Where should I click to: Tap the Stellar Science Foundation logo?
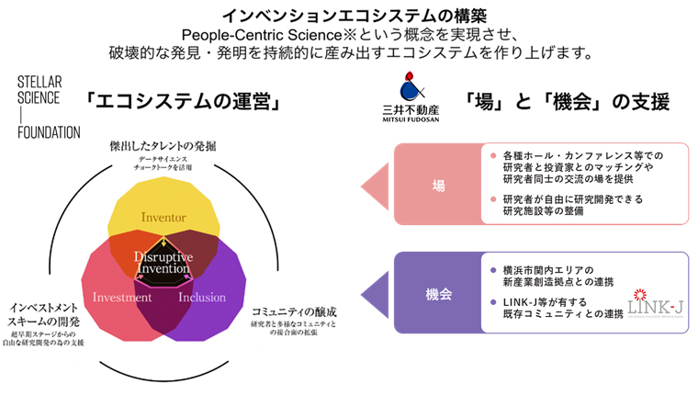coord(49,108)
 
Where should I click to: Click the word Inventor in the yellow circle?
coord(164,218)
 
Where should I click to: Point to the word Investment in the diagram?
coord(122,298)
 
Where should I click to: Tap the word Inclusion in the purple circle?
coord(202,298)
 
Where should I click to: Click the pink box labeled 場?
coord(437,185)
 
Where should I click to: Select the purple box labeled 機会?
coord(437,294)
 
